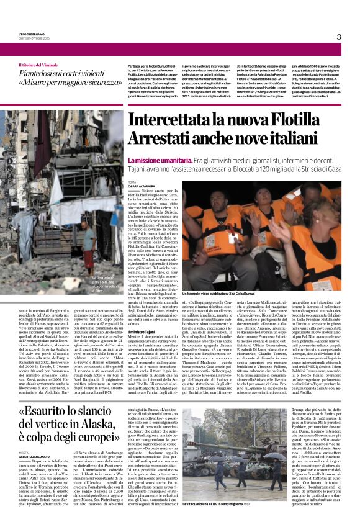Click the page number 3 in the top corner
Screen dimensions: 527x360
tap(339, 37)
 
